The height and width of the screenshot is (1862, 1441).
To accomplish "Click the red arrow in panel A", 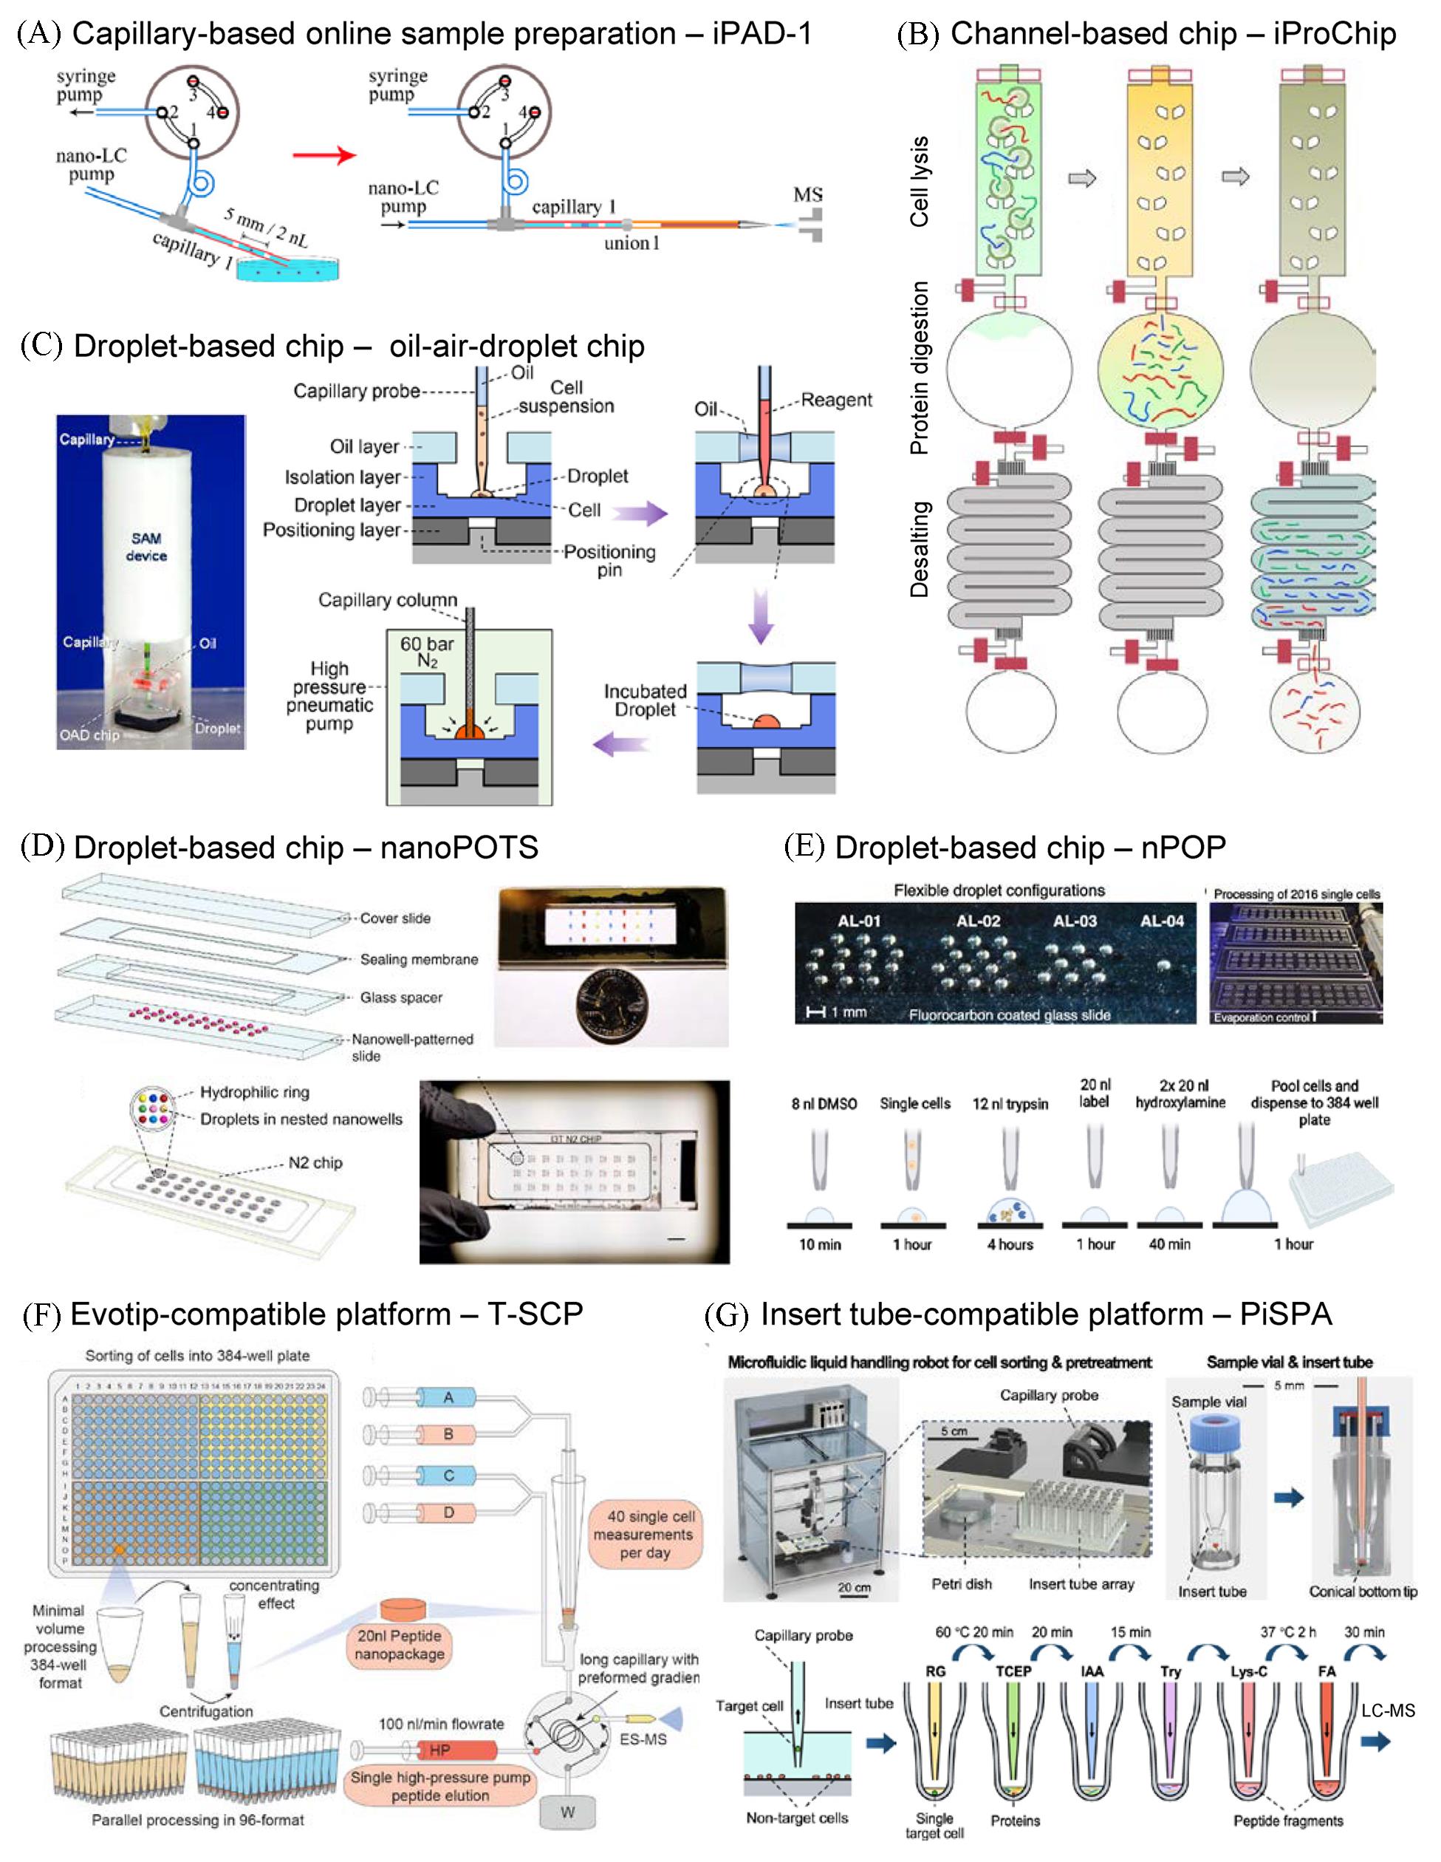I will pyautogui.click(x=323, y=155).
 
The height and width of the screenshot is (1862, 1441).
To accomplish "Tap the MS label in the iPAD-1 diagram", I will pyautogui.click(x=807, y=195).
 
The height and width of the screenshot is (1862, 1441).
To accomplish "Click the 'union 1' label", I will pyautogui.click(x=631, y=244).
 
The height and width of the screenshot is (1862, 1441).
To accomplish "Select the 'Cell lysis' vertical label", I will pyautogui.click(x=919, y=182).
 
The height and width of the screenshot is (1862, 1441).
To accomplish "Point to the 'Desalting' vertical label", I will pyautogui.click(x=919, y=548).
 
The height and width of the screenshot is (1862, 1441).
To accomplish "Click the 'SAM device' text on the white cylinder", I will pyautogui.click(x=146, y=547).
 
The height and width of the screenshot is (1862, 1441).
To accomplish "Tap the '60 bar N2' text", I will pyautogui.click(x=427, y=652).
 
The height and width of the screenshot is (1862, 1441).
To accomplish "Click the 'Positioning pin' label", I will pyautogui.click(x=609, y=560).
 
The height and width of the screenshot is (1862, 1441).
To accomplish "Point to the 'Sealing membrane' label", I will pyautogui.click(x=418, y=959).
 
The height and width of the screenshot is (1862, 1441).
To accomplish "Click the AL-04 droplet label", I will pyautogui.click(x=1163, y=921).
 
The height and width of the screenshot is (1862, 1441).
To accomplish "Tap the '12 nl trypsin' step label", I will pyautogui.click(x=1010, y=1103).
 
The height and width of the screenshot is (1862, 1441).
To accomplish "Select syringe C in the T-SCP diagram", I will pyautogui.click(x=448, y=1476).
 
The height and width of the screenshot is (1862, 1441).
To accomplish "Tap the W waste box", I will pyautogui.click(x=567, y=1812).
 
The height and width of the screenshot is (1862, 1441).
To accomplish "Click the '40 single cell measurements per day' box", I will pyautogui.click(x=645, y=1534).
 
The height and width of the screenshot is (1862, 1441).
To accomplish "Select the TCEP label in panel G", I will pyautogui.click(x=1013, y=1671).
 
